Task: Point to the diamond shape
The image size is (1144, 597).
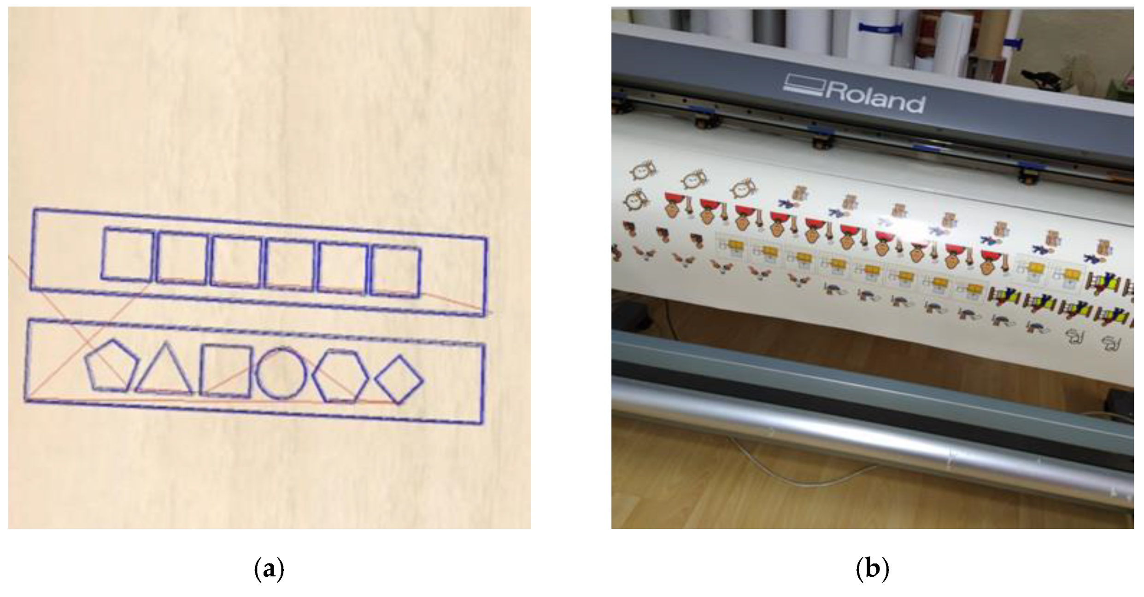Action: coord(399,380)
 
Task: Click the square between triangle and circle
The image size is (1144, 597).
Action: coord(226,371)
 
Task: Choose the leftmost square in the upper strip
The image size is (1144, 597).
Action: coord(127,254)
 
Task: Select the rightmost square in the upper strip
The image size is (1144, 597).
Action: coord(396,272)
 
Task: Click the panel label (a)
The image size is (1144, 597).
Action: coord(269,569)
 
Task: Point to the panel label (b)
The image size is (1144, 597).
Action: coord(872,569)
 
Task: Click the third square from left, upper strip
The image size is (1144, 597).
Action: coord(236,261)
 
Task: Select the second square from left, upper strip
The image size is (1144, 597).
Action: coord(182,257)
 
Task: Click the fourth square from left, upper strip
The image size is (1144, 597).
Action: coord(290,265)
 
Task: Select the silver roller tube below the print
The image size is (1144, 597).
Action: coord(875,442)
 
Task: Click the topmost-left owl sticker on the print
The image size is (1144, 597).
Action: coord(643,170)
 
